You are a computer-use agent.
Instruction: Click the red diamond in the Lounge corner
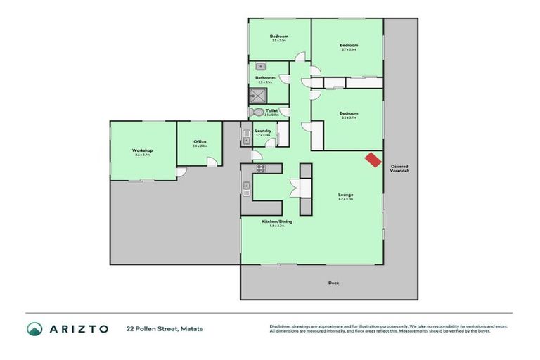coord(370,160)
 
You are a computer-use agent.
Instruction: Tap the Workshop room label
coord(143,150)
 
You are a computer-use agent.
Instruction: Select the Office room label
coord(200,142)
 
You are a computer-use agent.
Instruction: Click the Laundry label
coord(264,130)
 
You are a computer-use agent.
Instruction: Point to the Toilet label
coord(271,110)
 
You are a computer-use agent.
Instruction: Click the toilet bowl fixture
coord(256,112)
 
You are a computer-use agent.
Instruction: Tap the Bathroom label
coord(265,78)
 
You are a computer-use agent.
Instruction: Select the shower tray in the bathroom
coord(256,94)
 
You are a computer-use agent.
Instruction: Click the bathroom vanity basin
coord(259,66)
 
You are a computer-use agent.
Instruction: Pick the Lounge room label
coord(345,195)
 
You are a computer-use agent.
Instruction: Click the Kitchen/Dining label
coord(277,221)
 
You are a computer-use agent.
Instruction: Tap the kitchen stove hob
coord(259,168)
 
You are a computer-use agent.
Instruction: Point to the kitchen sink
coord(247,188)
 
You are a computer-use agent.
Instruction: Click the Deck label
coord(333,283)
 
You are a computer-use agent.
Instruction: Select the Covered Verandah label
coord(400,169)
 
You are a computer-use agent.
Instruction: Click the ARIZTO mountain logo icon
coord(34,328)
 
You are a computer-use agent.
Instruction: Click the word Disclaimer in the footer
coord(281,326)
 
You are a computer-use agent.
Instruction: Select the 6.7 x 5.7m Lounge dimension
coord(345,200)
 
